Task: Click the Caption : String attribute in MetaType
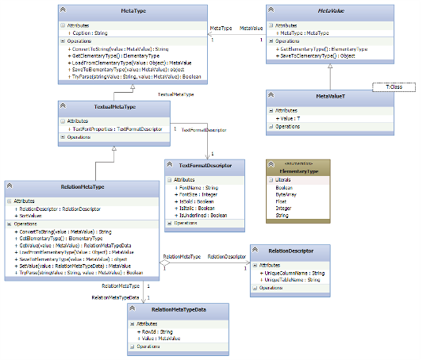[x=87, y=33]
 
